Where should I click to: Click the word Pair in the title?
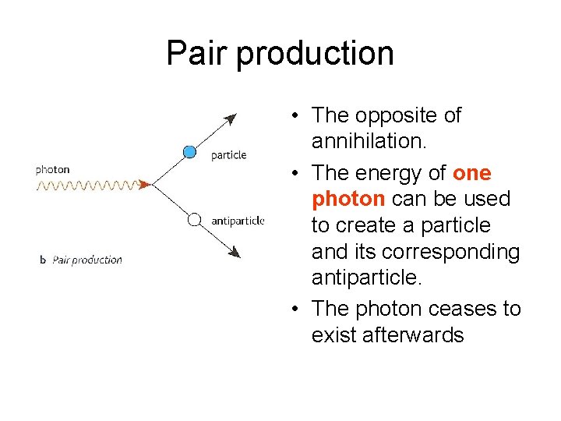(197, 53)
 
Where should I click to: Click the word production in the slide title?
(315, 55)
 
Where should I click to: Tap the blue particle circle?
(189, 152)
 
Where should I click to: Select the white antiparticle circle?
(194, 220)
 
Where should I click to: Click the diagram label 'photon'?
(52, 169)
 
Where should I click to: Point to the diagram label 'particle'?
(228, 155)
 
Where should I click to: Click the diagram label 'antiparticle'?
(238, 221)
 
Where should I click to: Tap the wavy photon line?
(86, 186)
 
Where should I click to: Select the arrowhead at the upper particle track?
(230, 119)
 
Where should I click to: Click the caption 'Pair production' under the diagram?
(87, 260)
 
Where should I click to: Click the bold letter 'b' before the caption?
(43, 260)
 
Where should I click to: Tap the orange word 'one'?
(471, 172)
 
